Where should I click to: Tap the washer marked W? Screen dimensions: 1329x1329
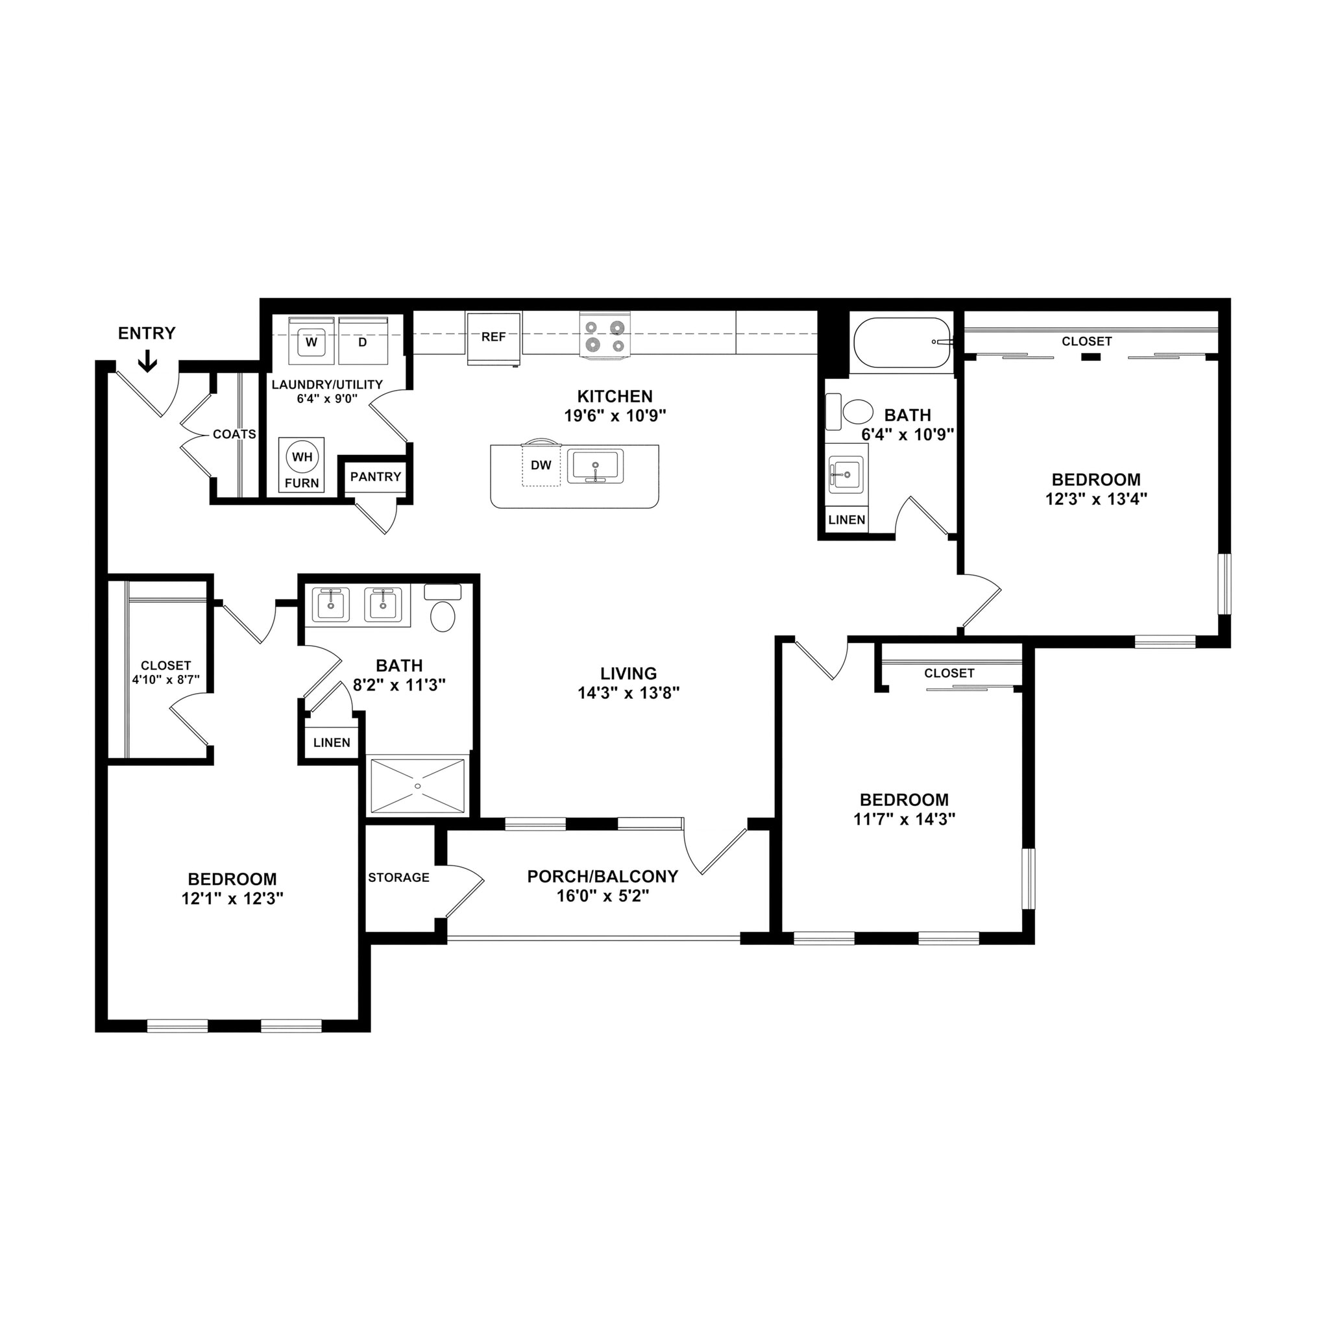click(x=311, y=342)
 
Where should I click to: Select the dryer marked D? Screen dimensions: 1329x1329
click(x=363, y=342)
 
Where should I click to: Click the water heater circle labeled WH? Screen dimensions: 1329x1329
click(x=302, y=457)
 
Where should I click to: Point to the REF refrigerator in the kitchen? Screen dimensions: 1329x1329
click(x=493, y=337)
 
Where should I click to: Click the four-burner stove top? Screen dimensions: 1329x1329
click(x=605, y=335)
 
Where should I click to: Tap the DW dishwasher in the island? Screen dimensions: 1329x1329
click(x=541, y=466)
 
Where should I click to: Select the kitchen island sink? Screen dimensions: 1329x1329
click(x=595, y=467)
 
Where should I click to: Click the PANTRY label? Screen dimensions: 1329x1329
click(x=376, y=477)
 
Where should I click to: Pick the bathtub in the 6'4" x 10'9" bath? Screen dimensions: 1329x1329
click(x=902, y=342)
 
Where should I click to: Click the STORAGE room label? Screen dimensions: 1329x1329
click(x=398, y=877)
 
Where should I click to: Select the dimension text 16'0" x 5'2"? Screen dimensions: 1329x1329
click(x=603, y=896)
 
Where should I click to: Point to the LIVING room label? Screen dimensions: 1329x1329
click(x=628, y=674)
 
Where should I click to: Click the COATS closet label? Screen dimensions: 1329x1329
click(x=234, y=434)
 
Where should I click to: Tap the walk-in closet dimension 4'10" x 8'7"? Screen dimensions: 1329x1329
click(x=165, y=679)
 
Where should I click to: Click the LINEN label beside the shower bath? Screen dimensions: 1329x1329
click(x=332, y=742)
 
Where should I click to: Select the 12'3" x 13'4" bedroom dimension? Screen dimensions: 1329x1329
click(x=1096, y=499)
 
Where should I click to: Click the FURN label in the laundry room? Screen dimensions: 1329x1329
click(x=302, y=483)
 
